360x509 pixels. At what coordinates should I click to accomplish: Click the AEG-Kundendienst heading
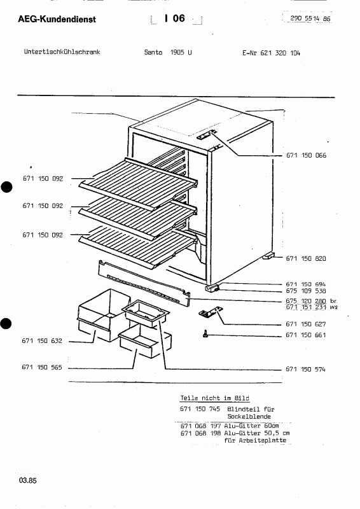(57, 19)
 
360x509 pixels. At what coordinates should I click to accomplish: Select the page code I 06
(175, 18)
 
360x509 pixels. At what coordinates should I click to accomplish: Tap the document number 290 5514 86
(310, 18)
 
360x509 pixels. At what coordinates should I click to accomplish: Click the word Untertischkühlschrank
(62, 52)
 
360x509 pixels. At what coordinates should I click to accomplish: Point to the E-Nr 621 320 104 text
(271, 53)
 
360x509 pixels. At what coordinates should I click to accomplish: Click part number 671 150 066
(306, 155)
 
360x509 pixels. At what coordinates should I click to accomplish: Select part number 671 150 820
(306, 258)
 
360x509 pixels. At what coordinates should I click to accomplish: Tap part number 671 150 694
(306, 284)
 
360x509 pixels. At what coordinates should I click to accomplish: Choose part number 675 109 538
(306, 291)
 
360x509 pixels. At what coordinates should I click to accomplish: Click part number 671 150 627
(306, 324)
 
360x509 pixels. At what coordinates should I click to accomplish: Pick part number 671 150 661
(306, 335)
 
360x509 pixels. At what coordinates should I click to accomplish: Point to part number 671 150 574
(305, 369)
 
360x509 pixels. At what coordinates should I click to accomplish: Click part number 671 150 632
(42, 341)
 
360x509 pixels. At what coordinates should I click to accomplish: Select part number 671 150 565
(42, 368)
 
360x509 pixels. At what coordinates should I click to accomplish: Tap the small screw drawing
(205, 335)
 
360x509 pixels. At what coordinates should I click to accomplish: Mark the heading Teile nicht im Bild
(215, 398)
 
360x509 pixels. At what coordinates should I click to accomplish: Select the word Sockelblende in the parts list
(249, 417)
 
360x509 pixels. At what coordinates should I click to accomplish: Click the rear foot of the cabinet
(268, 256)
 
